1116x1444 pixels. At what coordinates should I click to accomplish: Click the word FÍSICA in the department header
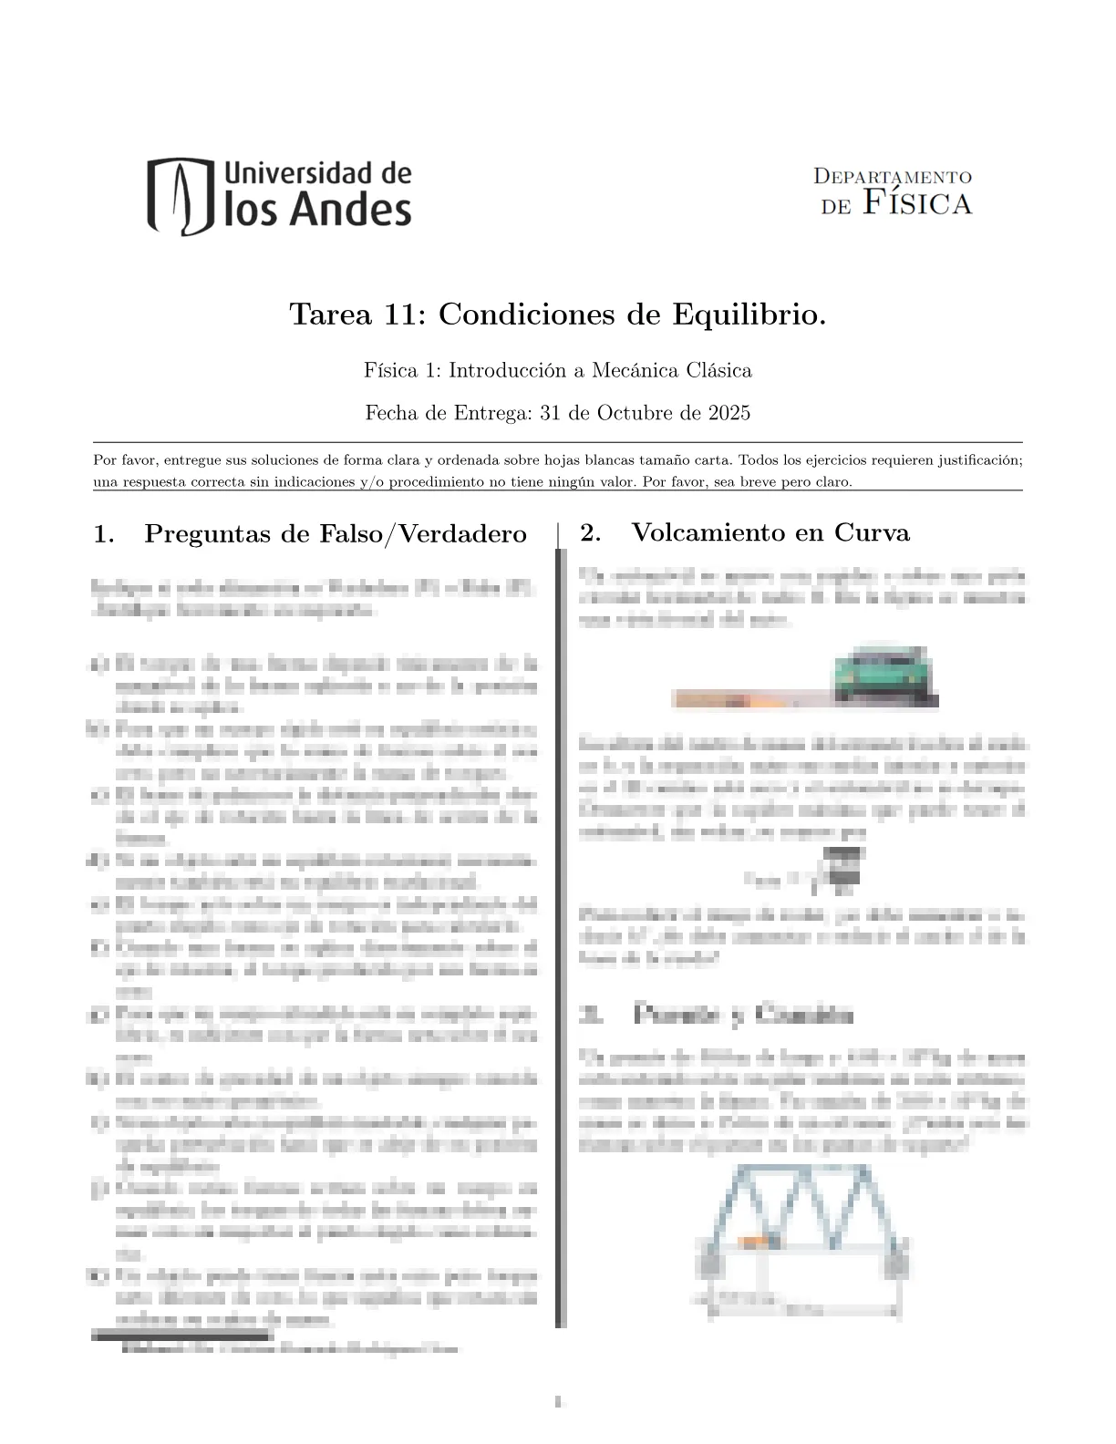tap(916, 202)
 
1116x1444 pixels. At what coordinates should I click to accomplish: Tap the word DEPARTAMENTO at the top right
tap(892, 177)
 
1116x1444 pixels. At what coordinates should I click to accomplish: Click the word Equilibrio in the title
tap(749, 315)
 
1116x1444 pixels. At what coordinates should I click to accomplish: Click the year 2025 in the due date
tap(728, 413)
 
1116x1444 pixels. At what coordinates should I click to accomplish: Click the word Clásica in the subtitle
tap(719, 371)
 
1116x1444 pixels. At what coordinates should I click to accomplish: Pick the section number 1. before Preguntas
tap(104, 534)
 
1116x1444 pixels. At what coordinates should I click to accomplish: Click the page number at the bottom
tap(557, 1401)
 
